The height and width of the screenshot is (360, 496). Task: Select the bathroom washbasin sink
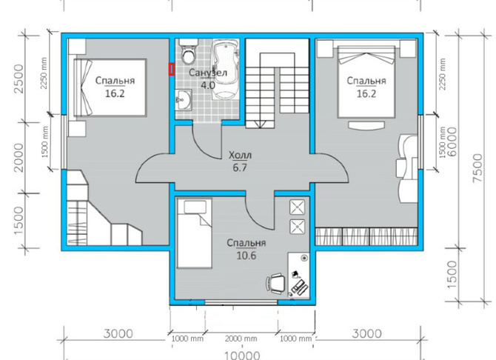tap(184, 100)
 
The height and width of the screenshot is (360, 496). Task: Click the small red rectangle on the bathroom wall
tap(172, 70)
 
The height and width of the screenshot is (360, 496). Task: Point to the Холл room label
tap(240, 155)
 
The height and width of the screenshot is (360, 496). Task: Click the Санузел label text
tap(208, 73)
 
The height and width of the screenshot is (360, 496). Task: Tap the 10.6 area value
tap(246, 256)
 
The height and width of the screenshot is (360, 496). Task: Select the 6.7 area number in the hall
tap(240, 167)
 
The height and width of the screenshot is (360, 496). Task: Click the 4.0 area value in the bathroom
tap(208, 85)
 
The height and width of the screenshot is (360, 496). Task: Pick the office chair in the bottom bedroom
tap(276, 284)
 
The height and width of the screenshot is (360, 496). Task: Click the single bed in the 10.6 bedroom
tap(194, 233)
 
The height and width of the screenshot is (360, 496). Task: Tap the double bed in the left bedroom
tap(110, 87)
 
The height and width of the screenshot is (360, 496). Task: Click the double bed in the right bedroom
tap(366, 82)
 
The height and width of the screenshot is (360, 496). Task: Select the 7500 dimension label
tap(477, 168)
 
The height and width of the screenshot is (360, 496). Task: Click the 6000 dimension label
tap(452, 141)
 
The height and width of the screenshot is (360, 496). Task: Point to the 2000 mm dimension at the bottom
tap(241, 339)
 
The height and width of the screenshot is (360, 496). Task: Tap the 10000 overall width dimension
tap(242, 356)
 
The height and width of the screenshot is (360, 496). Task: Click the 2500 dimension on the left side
tap(19, 79)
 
